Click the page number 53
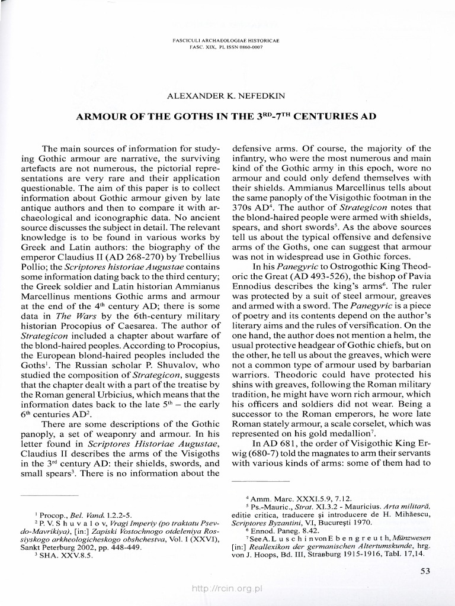pyautogui.click(x=425, y=570)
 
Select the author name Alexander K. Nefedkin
pyautogui.click(x=227, y=94)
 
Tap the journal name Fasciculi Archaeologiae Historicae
pyautogui.click(x=227, y=40)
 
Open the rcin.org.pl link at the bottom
pyautogui.click(x=227, y=589)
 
